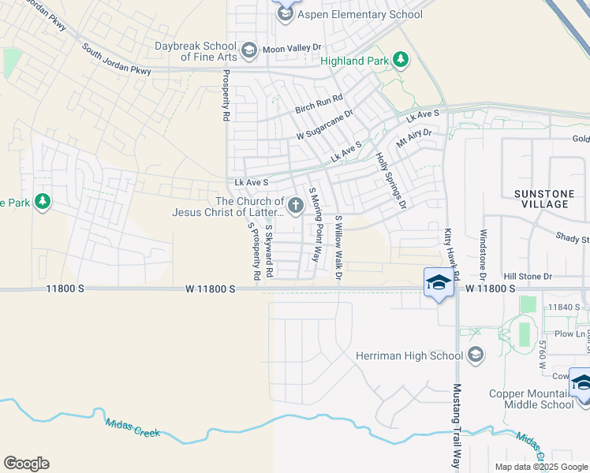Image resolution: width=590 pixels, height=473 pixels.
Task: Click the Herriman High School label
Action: click(409, 356)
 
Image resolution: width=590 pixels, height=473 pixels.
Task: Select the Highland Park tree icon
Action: click(401, 60)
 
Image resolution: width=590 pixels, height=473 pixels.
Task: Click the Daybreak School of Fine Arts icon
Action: click(248, 52)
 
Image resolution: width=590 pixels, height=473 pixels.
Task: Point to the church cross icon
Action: click(295, 207)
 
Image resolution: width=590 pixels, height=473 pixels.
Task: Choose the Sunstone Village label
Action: click(540, 199)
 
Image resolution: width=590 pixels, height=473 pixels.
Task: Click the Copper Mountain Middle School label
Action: click(531, 399)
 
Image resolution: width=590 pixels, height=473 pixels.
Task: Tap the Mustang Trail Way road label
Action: click(456, 425)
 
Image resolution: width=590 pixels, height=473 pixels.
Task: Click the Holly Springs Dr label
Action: click(390, 181)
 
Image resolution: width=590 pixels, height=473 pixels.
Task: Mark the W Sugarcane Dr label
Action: click(324, 125)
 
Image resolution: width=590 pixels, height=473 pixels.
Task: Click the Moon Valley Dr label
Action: click(293, 50)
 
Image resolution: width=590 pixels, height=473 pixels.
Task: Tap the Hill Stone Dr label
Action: click(528, 277)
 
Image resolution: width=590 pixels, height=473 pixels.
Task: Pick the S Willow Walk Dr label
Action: click(338, 247)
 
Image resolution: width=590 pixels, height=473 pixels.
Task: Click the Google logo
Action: click(26, 464)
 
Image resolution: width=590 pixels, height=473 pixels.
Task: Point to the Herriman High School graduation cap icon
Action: click(475, 355)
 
